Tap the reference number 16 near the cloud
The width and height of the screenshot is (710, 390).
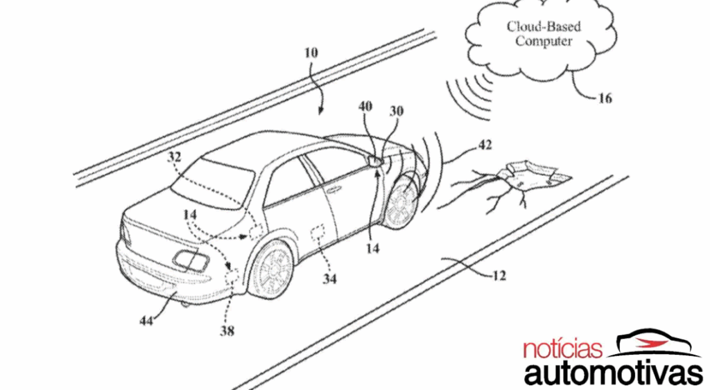605,98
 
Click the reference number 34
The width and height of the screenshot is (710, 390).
330,279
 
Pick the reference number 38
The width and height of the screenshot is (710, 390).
227,331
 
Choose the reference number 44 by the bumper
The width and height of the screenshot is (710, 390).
146,320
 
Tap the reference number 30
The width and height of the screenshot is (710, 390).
396,111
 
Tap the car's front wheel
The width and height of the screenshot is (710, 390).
400,201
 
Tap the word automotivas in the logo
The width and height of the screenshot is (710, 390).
614,372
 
